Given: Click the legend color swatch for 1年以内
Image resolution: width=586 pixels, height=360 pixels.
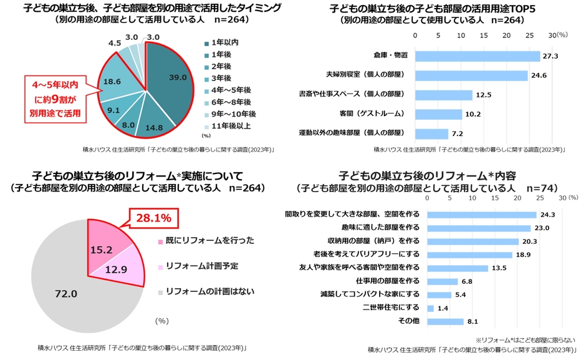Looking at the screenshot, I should tap(206, 42).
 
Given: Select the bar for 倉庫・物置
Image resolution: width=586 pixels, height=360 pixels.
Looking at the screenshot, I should tap(477, 56).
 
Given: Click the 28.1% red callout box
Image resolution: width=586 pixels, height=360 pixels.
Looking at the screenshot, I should tap(153, 218).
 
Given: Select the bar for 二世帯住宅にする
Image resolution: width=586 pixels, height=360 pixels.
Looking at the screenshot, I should tap(430, 308).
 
